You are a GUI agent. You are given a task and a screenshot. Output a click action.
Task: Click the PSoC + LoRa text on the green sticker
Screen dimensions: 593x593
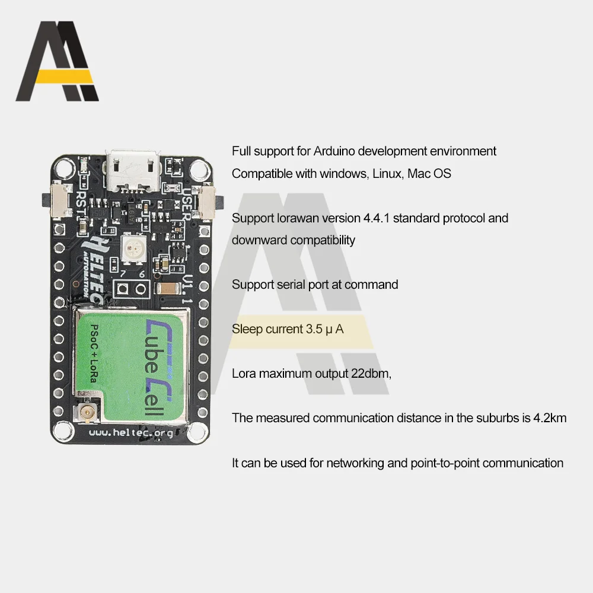coord(94,353)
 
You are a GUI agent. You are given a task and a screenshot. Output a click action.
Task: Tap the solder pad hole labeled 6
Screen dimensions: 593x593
coord(141,289)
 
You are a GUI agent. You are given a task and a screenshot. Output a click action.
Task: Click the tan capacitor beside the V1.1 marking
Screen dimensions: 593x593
coord(167,288)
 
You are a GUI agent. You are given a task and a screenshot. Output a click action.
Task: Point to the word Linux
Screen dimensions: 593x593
coord(387,174)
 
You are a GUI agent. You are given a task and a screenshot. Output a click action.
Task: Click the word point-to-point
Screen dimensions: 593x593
coord(445,463)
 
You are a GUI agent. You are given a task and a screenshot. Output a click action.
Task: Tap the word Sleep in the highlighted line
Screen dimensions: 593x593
coord(247,329)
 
